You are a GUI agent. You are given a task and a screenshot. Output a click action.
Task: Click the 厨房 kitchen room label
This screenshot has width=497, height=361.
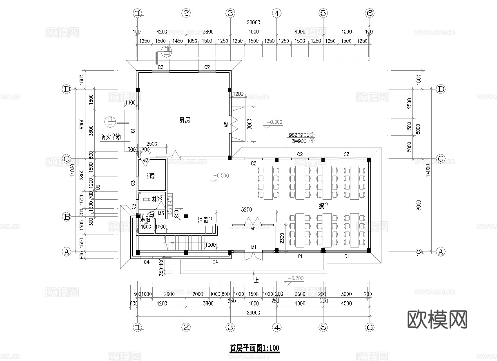[x=185, y=120]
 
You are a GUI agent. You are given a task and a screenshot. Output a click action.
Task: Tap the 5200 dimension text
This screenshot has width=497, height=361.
[x=246, y=209]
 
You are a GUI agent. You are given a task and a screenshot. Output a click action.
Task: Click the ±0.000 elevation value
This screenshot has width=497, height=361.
[x=221, y=176]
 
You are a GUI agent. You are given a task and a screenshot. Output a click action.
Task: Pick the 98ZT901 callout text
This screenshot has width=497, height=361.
[x=299, y=134]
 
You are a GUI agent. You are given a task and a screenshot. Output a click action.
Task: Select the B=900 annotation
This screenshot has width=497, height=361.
[x=299, y=141]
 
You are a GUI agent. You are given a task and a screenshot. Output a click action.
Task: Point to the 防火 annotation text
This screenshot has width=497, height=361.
[x=110, y=137]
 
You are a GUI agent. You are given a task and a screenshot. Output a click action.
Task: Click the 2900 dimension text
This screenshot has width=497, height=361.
[x=169, y=294]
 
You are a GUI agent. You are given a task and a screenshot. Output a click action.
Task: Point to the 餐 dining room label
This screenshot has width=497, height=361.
[x=324, y=206]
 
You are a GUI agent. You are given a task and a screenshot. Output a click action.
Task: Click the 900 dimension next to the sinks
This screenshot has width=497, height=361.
[x=176, y=213]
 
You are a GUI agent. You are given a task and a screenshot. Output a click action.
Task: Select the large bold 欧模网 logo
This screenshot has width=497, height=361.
[x=437, y=319]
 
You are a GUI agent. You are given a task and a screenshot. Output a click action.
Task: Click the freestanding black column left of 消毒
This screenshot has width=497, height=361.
[x=186, y=216]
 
